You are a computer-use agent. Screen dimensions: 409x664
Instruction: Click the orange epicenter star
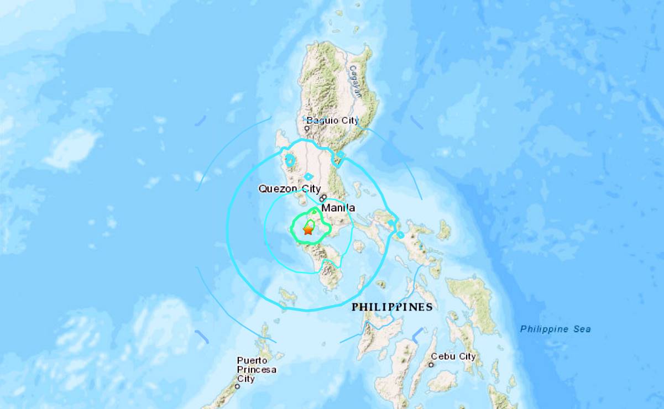(307, 230)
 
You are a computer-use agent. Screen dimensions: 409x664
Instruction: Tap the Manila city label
(338, 208)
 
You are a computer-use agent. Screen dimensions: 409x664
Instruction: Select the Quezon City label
(282, 189)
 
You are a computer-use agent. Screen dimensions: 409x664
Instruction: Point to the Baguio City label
(332, 120)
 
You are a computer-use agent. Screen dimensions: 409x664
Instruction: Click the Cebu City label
(453, 356)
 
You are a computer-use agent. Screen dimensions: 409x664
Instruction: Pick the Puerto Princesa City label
(257, 369)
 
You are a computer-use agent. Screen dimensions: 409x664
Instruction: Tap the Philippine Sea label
(555, 329)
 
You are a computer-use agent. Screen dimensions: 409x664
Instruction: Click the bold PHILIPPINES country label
(392, 307)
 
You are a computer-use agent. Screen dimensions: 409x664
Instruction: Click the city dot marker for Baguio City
(307, 129)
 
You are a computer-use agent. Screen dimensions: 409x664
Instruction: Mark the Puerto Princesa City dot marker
(238, 386)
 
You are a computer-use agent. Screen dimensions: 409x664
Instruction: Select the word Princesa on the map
(257, 369)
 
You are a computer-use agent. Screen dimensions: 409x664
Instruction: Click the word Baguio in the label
(320, 120)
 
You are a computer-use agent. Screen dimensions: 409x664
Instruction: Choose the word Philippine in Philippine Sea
(544, 329)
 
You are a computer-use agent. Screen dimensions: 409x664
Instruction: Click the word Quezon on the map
(272, 189)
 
